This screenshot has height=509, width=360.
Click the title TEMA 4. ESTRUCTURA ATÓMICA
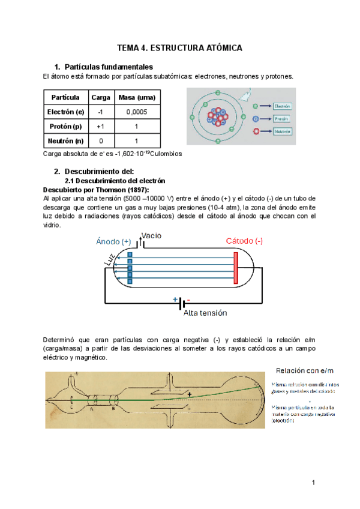pyautogui.click(x=180, y=49)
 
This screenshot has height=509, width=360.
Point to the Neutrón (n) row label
pyautogui.click(x=65, y=142)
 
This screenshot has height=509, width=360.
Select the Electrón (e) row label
pyautogui.click(x=65, y=112)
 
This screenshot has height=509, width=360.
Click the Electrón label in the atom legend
pyautogui.click(x=282, y=106)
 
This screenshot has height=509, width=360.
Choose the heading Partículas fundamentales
pyautogui.click(x=108, y=67)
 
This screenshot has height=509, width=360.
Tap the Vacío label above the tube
pyautogui.click(x=152, y=236)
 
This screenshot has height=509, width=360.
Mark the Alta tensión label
pyautogui.click(x=205, y=313)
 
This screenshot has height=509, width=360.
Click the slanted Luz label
pyautogui.click(x=108, y=259)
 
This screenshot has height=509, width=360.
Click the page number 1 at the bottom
pyautogui.click(x=313, y=483)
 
